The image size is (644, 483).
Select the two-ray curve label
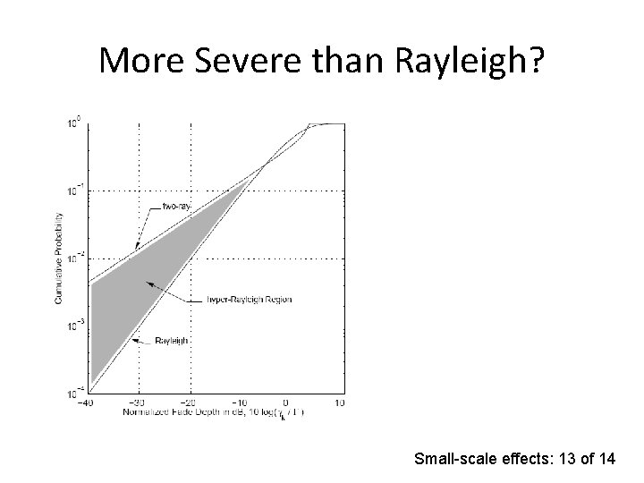coord(176,207)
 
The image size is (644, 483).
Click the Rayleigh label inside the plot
coord(172,341)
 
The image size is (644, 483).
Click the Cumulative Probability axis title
coord(59,258)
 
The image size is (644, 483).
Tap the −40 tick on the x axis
coord(84,403)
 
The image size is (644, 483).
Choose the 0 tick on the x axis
coord(286,403)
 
